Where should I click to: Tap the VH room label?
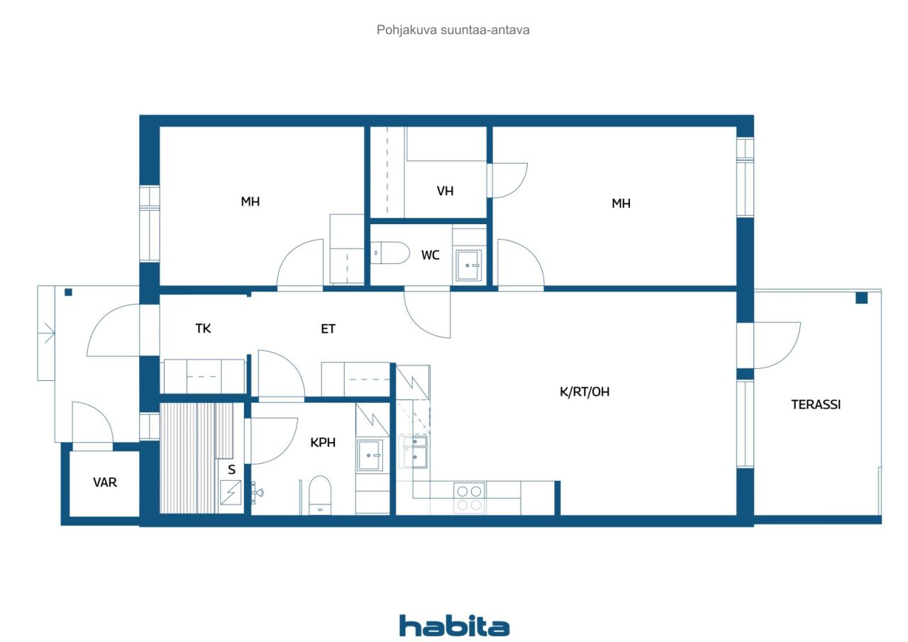[x=445, y=191]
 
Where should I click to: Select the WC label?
[x=430, y=255]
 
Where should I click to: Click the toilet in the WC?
[x=390, y=253]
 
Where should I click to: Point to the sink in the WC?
[x=469, y=265]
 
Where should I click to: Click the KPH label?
[x=323, y=443]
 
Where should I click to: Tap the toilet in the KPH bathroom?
[x=320, y=495]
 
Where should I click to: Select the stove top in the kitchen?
[x=469, y=498]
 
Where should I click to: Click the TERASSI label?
[x=816, y=404]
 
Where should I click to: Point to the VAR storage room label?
[x=104, y=482]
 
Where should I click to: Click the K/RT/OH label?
[x=584, y=392]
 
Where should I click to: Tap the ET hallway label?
[x=328, y=328]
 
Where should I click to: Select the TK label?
[x=203, y=328]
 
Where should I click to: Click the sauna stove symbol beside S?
[x=231, y=492]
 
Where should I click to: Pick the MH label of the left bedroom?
[x=250, y=201]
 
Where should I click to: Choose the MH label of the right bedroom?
[x=621, y=203]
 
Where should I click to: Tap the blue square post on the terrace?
[x=861, y=298]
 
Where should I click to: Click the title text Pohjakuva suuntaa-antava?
[x=453, y=30]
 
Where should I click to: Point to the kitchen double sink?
[x=413, y=452]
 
